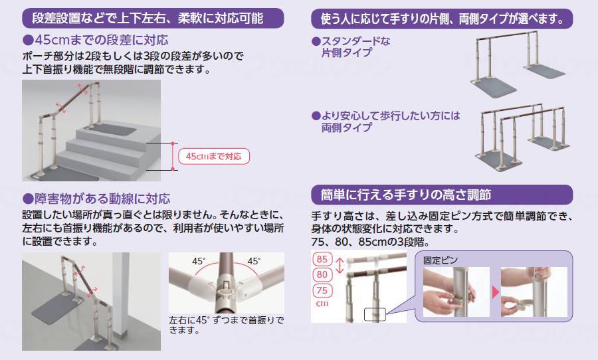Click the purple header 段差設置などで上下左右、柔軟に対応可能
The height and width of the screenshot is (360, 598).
click(x=153, y=18)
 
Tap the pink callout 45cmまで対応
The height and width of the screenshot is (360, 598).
click(x=214, y=156)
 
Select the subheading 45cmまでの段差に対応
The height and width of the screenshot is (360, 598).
click(x=96, y=40)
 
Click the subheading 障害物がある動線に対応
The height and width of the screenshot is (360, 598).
click(x=96, y=199)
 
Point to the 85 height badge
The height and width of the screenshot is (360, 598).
click(x=322, y=259)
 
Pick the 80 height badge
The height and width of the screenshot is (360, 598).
click(x=322, y=274)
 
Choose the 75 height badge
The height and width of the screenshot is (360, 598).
click(x=322, y=290)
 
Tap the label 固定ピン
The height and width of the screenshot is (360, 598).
click(x=440, y=260)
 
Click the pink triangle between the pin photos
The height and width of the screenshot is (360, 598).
click(x=496, y=292)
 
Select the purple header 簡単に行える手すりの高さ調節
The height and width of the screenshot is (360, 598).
click(x=442, y=195)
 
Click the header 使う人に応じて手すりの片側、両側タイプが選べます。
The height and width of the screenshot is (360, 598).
click(x=442, y=19)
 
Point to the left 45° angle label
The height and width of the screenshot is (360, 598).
click(x=199, y=261)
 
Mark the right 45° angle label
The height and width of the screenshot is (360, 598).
click(x=254, y=261)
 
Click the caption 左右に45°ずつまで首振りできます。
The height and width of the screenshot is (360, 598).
click(x=227, y=325)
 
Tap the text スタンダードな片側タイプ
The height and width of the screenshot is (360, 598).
click(x=351, y=47)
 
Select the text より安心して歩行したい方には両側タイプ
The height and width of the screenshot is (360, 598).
click(x=386, y=122)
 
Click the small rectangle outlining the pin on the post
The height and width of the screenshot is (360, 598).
click(x=375, y=315)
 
